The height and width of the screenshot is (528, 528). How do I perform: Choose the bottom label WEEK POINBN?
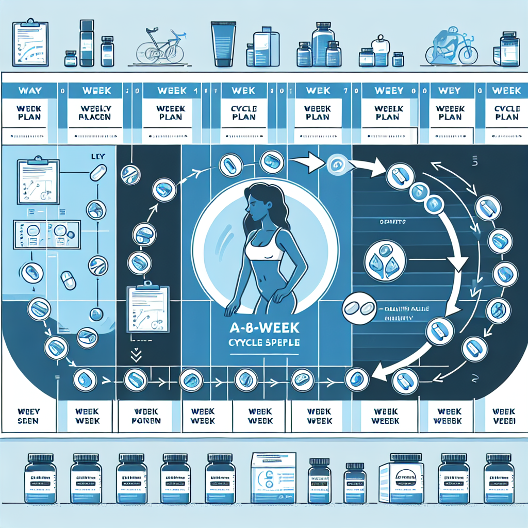coord(146,416)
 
